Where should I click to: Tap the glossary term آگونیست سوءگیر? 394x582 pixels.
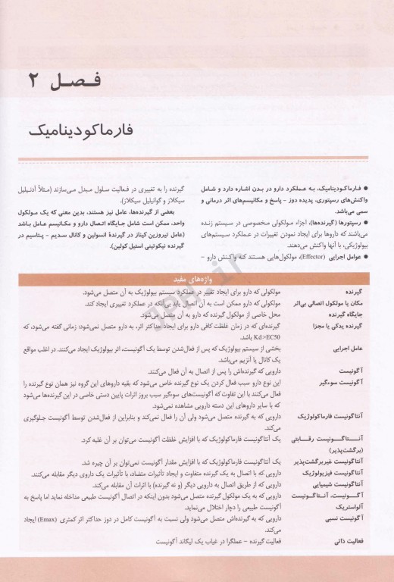[x=348, y=382]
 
